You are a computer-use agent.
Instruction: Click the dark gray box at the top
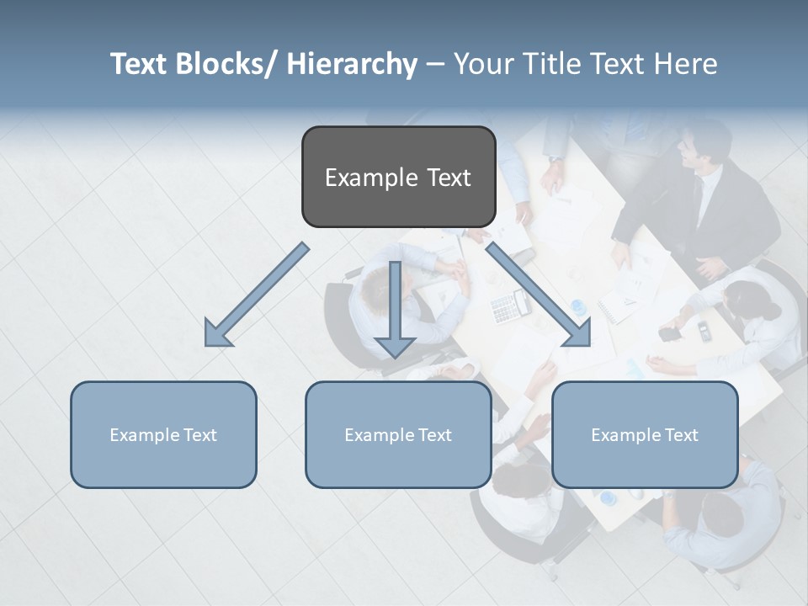(x=398, y=177)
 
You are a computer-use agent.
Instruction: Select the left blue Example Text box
(x=163, y=434)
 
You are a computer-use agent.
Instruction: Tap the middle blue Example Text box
(x=398, y=434)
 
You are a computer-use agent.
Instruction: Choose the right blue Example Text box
(x=645, y=434)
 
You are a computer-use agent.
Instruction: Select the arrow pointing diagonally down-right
(x=539, y=295)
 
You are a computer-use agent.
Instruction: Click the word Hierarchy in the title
(x=352, y=64)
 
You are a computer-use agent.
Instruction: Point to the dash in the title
(x=435, y=64)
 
